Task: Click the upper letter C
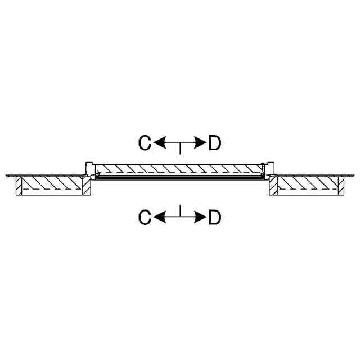[x=145, y=143]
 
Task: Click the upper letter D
[x=214, y=143]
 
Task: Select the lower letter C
[x=145, y=217]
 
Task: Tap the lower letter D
[x=214, y=217]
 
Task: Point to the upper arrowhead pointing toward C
[x=159, y=143]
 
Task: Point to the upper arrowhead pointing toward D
[x=200, y=143]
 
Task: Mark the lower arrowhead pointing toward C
[x=159, y=217]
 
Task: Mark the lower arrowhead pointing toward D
[x=200, y=217]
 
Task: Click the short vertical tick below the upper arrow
[x=180, y=148]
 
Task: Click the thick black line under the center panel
[x=180, y=178]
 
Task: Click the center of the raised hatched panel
[x=180, y=169]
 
